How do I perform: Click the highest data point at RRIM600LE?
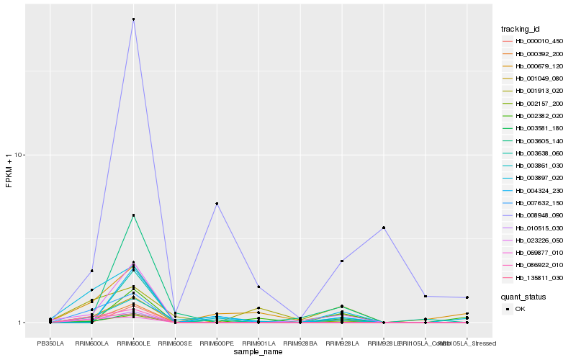coord(133,19)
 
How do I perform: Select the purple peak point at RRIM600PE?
coord(217,204)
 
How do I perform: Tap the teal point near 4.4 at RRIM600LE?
coord(133,215)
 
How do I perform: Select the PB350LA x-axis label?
coord(50,343)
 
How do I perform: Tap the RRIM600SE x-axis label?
coord(175,343)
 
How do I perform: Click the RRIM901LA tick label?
coord(258,343)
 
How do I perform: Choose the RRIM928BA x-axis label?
coord(300,343)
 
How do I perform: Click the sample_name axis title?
coord(258,352)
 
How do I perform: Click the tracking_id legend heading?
coord(521,30)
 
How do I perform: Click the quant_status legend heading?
coord(523,297)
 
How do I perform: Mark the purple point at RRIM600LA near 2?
coord(92,271)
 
